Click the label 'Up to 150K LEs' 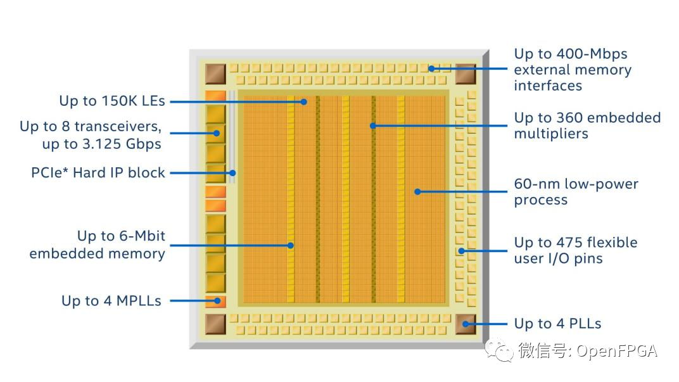tap(111, 101)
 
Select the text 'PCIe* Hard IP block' tap(98, 172)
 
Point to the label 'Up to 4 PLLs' tap(557, 324)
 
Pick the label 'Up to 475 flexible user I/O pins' tap(575, 250)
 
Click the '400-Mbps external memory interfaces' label tap(573, 70)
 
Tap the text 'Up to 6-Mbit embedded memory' tap(97, 245)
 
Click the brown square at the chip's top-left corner tap(215, 73)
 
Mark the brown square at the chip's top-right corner tap(466, 73)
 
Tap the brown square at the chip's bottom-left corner tap(215, 324)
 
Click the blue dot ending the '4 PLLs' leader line tap(466, 324)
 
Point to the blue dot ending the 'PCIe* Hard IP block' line tap(233, 172)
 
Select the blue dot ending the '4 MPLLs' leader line tap(217, 301)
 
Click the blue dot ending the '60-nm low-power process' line tap(417, 191)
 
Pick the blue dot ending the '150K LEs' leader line tap(304, 101)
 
